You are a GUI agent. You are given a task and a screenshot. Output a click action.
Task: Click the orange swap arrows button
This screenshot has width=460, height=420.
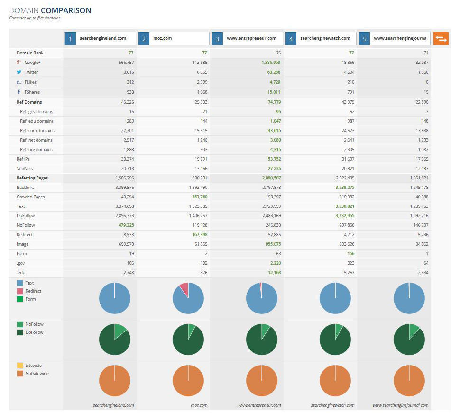click(441, 39)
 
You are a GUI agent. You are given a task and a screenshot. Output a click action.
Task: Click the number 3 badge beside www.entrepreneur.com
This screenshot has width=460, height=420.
click(217, 39)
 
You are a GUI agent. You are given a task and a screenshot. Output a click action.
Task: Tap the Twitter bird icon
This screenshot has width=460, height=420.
click(19, 72)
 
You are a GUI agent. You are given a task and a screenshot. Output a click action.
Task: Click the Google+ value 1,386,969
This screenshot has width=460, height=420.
click(271, 62)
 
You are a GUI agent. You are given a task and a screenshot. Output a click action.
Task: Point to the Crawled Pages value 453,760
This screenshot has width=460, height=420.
click(197, 197)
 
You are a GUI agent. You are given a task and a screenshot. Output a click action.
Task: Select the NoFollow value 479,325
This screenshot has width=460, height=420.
click(124, 225)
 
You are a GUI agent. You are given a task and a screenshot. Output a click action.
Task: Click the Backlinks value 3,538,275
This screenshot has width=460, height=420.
click(344, 187)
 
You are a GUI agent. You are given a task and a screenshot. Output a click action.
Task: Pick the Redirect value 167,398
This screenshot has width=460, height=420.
click(197, 234)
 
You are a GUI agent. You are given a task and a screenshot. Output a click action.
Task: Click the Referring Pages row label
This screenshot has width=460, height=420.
click(32, 178)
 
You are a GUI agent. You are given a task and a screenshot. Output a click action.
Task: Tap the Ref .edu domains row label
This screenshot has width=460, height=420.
click(37, 121)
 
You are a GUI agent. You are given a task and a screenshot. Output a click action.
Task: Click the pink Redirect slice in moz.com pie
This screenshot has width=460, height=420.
click(184, 289)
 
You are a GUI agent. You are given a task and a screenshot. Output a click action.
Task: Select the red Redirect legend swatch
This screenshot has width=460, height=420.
click(19, 291)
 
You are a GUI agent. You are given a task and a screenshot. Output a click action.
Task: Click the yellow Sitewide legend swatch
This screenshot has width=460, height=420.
click(19, 365)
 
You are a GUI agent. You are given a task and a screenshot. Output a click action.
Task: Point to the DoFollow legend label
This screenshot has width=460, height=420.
click(35, 332)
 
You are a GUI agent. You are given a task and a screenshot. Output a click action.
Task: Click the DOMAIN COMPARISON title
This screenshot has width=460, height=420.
click(50, 10)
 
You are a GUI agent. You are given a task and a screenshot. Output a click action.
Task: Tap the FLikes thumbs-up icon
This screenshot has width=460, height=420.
click(19, 82)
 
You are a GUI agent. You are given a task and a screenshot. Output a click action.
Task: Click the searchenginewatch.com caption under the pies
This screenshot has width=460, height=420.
click(332, 405)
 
